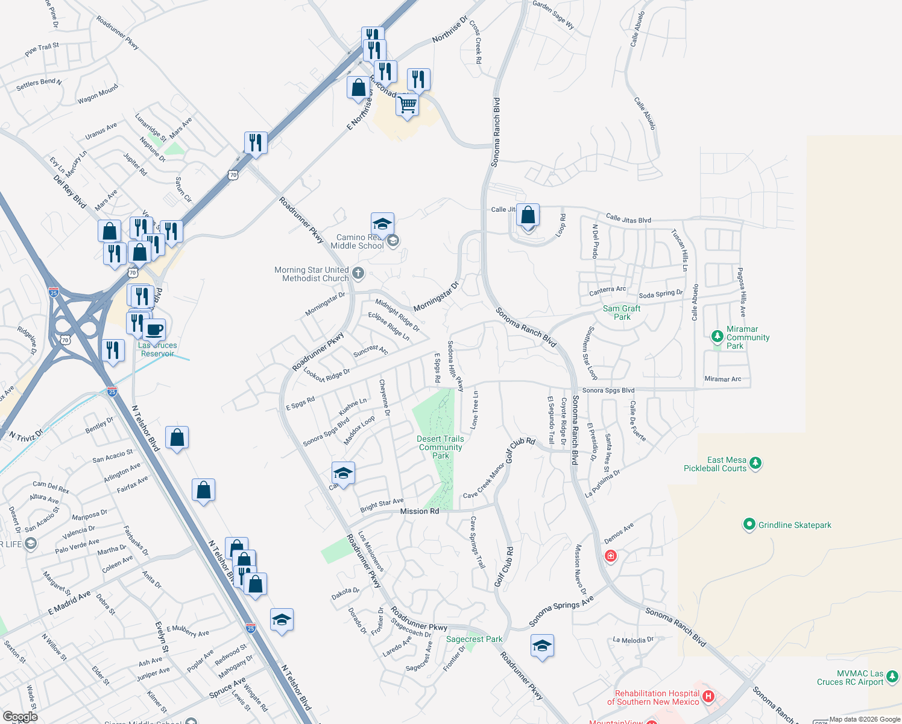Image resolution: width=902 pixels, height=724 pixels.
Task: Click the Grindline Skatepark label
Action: (x=794, y=525)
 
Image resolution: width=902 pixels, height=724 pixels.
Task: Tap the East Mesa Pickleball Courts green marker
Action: (x=755, y=463)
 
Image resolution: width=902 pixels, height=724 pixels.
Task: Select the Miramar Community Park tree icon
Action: (x=717, y=336)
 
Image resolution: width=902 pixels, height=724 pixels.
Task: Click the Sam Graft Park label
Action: (x=622, y=313)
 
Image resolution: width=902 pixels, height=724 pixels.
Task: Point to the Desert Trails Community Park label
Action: (x=441, y=447)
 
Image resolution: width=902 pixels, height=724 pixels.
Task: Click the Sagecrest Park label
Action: (x=474, y=639)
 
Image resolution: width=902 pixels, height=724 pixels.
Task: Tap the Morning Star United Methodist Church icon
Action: (x=358, y=273)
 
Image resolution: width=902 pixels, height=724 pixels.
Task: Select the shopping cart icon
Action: (x=408, y=104)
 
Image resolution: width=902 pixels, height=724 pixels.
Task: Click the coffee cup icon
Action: (x=154, y=329)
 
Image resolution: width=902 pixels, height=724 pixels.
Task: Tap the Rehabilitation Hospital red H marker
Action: (x=708, y=697)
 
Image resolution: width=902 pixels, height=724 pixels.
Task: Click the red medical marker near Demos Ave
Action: (x=610, y=556)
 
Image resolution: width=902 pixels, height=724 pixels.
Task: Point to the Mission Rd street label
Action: (x=420, y=511)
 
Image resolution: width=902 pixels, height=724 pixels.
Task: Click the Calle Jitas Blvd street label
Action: (x=628, y=218)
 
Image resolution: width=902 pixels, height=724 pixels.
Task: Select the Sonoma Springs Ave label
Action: (x=561, y=611)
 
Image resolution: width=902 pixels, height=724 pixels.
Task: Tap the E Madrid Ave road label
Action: (x=69, y=603)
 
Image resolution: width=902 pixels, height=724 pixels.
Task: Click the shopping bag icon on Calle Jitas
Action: (x=528, y=215)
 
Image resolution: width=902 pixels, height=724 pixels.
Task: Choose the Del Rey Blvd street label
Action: (x=69, y=192)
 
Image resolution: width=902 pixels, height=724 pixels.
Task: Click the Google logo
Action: (x=20, y=717)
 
